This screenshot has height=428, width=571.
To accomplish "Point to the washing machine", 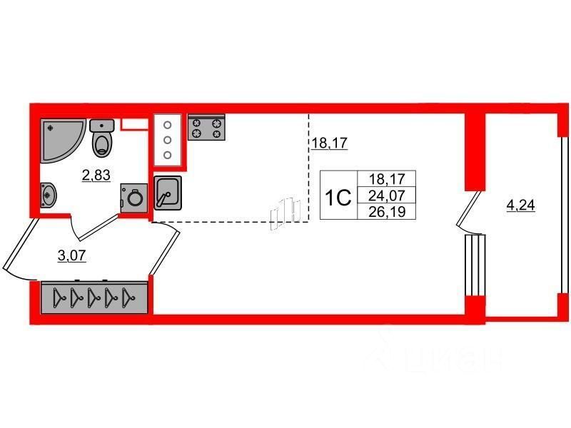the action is (x=133, y=196).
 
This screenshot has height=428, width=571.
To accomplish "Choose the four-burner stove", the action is (x=207, y=128).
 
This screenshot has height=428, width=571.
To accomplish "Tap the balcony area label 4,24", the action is (x=520, y=207).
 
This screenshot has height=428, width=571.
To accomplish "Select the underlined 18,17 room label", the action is (x=329, y=143).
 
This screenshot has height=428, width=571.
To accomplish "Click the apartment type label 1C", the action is (x=338, y=197).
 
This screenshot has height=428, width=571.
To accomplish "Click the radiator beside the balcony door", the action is (x=475, y=265).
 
